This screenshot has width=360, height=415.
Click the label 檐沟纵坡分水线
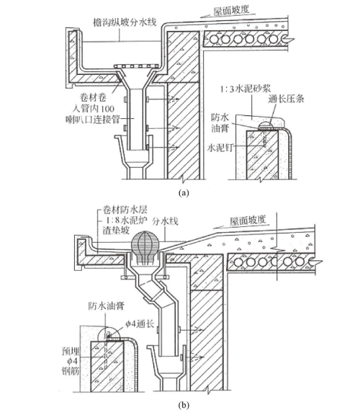pyautogui.click(x=125, y=22)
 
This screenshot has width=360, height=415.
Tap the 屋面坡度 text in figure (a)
pyautogui.click(x=231, y=11)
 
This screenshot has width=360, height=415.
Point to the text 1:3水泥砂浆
pyautogui.click(x=246, y=89)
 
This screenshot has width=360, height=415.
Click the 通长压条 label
pyautogui.click(x=287, y=99)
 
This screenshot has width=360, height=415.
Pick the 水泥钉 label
pyautogui.click(x=220, y=148)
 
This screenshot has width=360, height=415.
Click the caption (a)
pyautogui.click(x=184, y=192)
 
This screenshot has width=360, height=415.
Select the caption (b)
pyautogui.click(x=184, y=405)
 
